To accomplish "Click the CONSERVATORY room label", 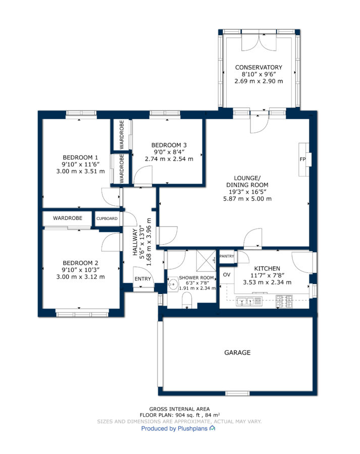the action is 259,67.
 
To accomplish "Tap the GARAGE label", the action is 237,353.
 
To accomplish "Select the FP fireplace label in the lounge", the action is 302,159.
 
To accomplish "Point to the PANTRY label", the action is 227,256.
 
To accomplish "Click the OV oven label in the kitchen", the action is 227,274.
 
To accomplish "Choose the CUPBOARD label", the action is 107,218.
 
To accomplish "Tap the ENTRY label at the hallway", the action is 142,278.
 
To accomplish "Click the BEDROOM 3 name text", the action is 169,145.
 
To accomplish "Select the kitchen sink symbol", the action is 249,301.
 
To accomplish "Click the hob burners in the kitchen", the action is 284,301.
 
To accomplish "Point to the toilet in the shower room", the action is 187,300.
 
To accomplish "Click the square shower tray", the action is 207,260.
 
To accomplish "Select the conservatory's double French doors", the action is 259,42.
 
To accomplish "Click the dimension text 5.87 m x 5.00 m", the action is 247,199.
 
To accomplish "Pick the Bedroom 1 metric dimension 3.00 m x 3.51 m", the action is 81,171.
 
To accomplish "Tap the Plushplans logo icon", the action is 213,428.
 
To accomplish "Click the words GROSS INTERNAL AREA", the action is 179,409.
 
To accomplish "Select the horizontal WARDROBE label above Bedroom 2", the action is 68,218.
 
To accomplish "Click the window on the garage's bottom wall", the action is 237,393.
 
